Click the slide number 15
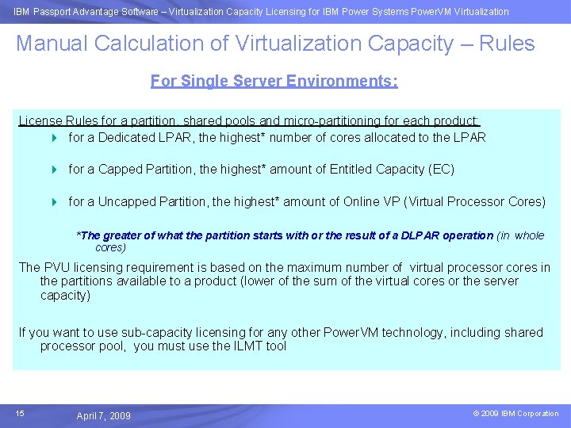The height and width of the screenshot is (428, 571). click(20, 413)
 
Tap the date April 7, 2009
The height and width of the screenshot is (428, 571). click(104, 416)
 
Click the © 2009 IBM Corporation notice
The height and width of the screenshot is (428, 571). click(515, 414)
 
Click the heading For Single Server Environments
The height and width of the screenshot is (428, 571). click(274, 81)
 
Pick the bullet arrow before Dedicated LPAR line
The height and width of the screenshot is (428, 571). click(55, 138)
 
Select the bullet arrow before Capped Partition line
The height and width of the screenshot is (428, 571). click(55, 170)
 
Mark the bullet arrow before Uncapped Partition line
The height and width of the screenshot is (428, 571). click(55, 202)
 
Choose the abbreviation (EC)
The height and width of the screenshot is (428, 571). click(442, 169)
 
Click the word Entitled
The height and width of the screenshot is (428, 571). click(354, 169)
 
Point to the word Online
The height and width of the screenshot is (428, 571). click(362, 201)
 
